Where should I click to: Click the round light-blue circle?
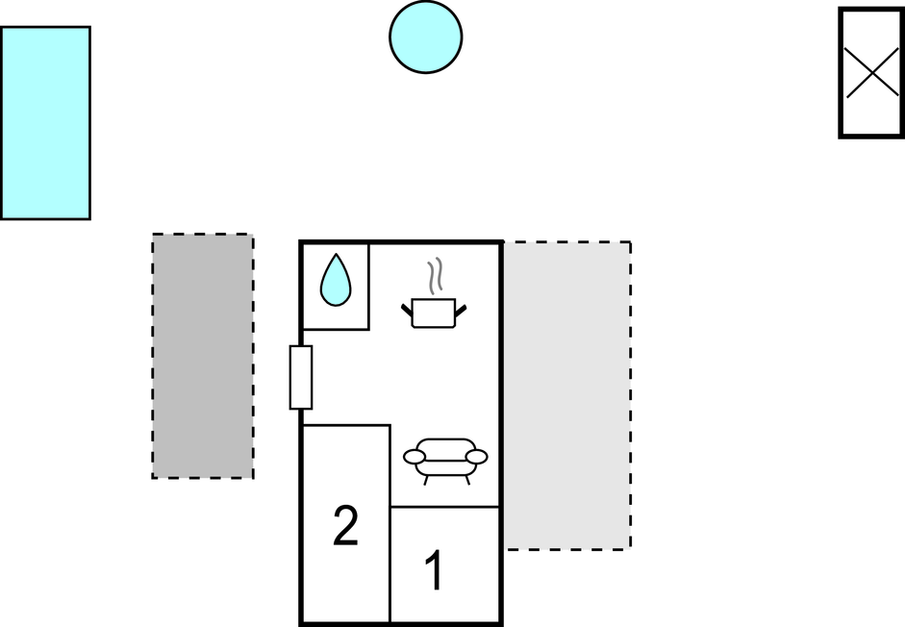425,37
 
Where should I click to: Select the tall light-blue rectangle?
45,123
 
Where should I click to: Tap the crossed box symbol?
871,73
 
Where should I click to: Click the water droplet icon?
336,280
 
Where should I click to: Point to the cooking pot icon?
434,313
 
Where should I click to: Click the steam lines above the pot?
437,275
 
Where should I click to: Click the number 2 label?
345,525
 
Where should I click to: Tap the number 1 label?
434,570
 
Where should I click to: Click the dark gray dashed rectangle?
203,356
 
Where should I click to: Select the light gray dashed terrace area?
568,395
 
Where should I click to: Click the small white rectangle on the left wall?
301,378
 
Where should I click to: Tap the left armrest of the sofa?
414,457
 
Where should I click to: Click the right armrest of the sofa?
477,457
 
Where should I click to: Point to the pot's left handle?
408,311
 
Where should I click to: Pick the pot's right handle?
461,311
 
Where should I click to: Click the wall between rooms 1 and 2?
390,565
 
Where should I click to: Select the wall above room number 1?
445,507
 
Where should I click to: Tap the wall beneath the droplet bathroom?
336,330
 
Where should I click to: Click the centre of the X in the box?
872,73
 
